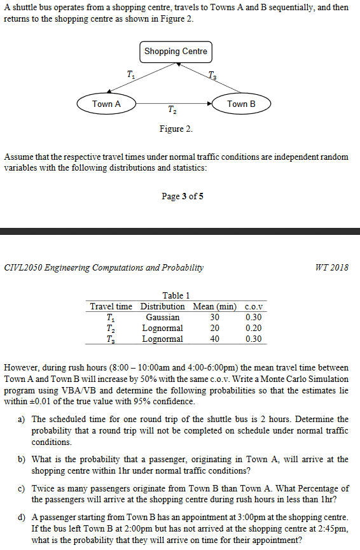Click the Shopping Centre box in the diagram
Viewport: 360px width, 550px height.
[x=176, y=52]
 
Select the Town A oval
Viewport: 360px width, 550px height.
[x=106, y=104]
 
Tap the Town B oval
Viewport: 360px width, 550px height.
[x=241, y=104]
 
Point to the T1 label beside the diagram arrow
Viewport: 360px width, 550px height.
[x=130, y=74]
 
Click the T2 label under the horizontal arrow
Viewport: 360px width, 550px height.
[x=172, y=112]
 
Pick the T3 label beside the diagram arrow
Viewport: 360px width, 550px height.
[x=212, y=76]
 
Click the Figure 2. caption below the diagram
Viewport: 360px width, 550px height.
[x=176, y=129]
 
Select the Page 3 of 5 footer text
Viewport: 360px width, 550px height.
[x=183, y=196]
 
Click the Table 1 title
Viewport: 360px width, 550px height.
[x=176, y=295]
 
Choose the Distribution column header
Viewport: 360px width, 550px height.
[x=162, y=306]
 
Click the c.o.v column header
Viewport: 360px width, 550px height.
[x=254, y=306]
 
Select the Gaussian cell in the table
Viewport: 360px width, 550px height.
[x=162, y=317]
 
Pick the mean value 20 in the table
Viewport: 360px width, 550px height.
[x=215, y=328]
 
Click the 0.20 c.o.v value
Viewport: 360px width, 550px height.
[x=253, y=328]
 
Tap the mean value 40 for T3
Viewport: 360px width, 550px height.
[x=215, y=339]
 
